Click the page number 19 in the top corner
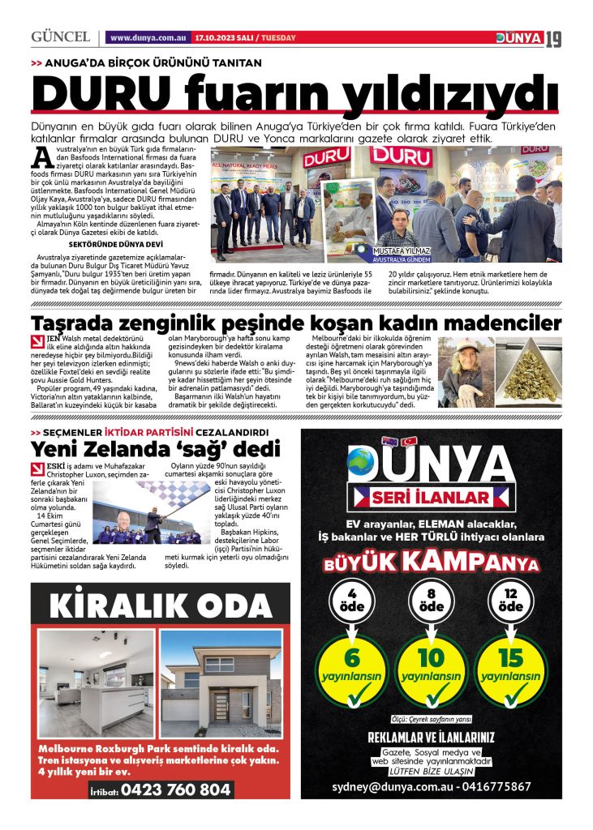tap(552, 38)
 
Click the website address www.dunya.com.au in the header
tap(148, 38)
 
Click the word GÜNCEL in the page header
tap(60, 37)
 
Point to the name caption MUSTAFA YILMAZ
tap(399, 252)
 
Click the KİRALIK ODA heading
tap(159, 604)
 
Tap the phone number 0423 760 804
tap(175, 789)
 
